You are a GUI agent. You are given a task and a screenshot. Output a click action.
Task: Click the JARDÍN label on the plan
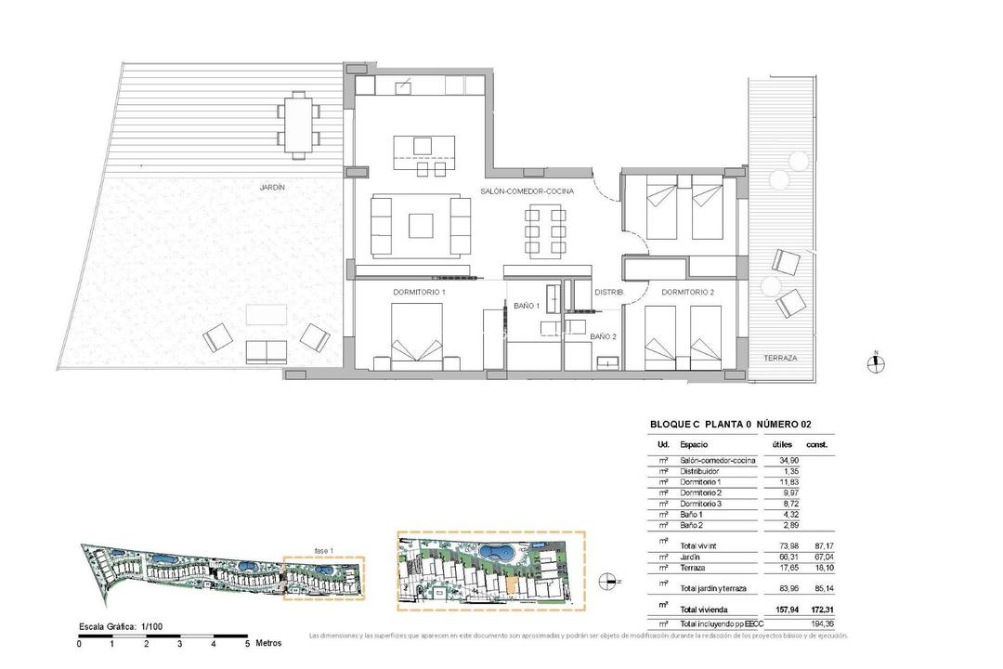[x=272, y=187]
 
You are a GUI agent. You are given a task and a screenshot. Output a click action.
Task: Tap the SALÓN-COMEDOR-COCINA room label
[x=527, y=190]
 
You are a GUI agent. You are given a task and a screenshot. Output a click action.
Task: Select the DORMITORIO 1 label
[x=419, y=293]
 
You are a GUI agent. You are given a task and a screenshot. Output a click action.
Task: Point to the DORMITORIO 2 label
[x=687, y=293]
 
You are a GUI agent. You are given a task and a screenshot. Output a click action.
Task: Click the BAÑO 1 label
[x=527, y=305]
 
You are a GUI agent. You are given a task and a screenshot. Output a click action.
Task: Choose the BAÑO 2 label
[x=603, y=335]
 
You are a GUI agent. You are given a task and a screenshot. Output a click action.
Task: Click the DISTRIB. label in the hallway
[x=608, y=293]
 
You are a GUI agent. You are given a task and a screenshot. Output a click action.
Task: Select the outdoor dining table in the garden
[x=298, y=123]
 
